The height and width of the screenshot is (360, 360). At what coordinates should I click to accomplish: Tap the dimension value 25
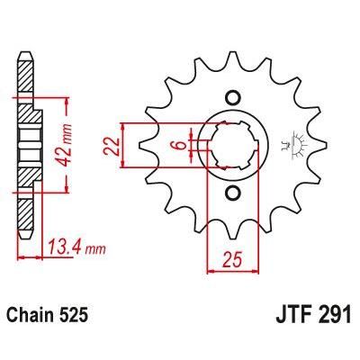click(x=231, y=260)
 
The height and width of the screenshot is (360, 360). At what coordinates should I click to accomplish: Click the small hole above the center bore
click(x=231, y=98)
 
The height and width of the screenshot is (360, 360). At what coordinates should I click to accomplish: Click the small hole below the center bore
click(x=231, y=193)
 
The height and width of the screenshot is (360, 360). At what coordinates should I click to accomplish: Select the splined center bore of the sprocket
click(x=231, y=145)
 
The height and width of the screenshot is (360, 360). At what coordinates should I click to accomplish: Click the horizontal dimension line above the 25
click(x=231, y=270)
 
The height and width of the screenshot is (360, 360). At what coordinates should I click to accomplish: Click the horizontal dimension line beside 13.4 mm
click(x=40, y=256)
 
